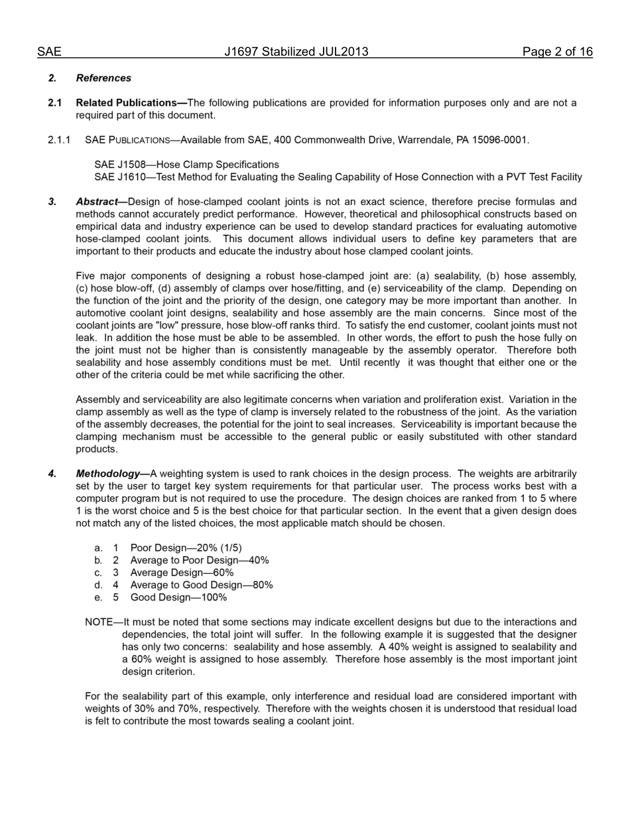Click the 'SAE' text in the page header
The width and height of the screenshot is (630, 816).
(x=49, y=52)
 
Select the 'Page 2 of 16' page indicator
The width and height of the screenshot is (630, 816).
(x=557, y=52)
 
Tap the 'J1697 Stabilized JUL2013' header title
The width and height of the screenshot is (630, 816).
(x=296, y=52)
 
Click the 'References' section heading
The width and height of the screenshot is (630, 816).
(x=103, y=78)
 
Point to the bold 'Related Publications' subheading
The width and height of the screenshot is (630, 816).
(x=130, y=103)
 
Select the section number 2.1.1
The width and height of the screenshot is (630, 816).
(x=59, y=140)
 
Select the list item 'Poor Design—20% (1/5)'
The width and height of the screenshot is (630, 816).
(x=186, y=548)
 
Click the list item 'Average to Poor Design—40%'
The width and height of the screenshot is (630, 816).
(x=199, y=560)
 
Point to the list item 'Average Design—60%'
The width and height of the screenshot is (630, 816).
(x=182, y=573)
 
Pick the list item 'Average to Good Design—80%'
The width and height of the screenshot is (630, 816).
(x=201, y=585)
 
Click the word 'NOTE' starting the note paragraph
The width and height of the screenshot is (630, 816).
(x=99, y=622)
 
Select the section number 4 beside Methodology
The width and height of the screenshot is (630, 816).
(x=52, y=474)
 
